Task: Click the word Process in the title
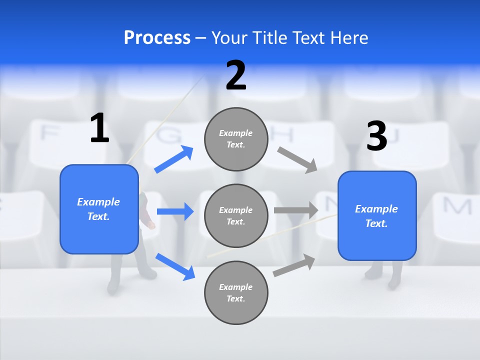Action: [157, 37]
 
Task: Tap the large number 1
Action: [99, 128]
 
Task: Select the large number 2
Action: [236, 75]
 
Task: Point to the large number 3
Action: [376, 136]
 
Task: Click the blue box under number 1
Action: [99, 209]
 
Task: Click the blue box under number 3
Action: [377, 216]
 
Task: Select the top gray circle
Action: [236, 139]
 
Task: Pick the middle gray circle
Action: [236, 215]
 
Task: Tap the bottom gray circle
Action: [236, 292]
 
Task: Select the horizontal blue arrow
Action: [175, 211]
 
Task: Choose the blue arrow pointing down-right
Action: [175, 266]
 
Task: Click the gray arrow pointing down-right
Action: [297, 160]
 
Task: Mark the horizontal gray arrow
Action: [296, 210]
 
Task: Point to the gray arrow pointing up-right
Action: [294, 265]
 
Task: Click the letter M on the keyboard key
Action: [456, 205]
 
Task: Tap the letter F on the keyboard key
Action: [48, 133]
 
